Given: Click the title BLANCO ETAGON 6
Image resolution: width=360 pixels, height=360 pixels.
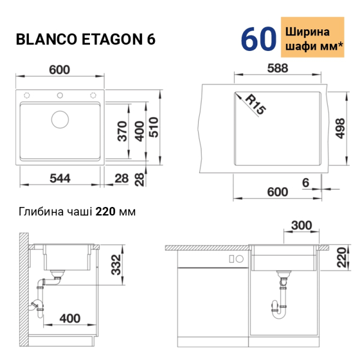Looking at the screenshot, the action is coord(85,39).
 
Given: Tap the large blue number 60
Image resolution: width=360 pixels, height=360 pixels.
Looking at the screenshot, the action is coord(259,39).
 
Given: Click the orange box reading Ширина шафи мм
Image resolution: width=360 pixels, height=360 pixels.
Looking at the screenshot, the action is coord(313,37).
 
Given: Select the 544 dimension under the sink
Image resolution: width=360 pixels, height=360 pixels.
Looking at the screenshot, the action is coord(60,178).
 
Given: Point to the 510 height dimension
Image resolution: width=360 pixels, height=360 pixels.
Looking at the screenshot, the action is coord(154,127).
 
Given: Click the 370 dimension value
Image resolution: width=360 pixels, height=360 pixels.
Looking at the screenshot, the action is coord(122,131).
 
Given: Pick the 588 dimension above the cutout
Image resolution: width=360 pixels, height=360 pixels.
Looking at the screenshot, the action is coord(278,68).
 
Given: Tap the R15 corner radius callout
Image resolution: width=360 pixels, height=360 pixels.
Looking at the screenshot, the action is coord(256,104).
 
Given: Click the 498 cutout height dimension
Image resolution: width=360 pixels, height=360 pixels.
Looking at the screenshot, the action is coord(340,128).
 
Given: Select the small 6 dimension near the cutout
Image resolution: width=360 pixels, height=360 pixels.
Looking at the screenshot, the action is coord(305,183).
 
